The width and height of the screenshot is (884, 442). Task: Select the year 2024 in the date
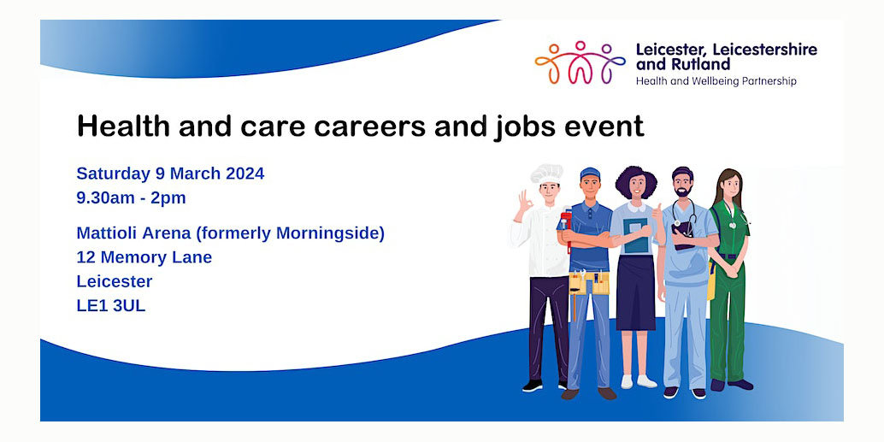[x=245, y=174]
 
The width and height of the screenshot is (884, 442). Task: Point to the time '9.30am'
[x=105, y=198]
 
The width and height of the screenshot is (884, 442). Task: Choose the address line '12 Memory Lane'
[x=144, y=257]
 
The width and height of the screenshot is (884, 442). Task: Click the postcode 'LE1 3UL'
[x=110, y=305]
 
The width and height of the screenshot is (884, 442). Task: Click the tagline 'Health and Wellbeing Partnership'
[x=716, y=81]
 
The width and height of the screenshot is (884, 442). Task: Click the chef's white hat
[x=546, y=173]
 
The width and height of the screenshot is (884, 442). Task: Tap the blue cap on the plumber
[x=590, y=174]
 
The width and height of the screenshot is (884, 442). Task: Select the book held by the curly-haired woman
[x=635, y=234]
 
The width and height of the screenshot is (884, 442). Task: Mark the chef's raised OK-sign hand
[x=522, y=203]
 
